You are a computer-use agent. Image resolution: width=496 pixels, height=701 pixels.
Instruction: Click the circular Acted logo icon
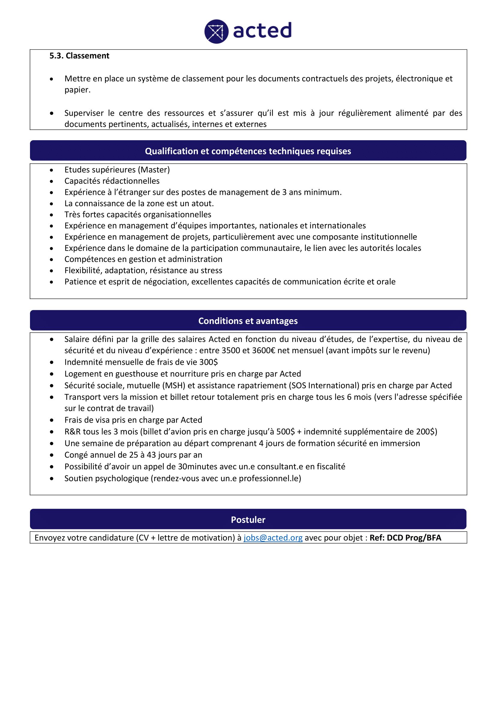pyautogui.click(x=216, y=31)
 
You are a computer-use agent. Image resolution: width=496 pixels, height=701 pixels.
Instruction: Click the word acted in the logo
pyautogui.click(x=262, y=31)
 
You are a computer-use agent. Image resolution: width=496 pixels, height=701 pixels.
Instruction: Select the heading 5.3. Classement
pyautogui.click(x=79, y=56)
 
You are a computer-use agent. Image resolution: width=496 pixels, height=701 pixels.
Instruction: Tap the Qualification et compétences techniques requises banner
pyautogui.click(x=248, y=151)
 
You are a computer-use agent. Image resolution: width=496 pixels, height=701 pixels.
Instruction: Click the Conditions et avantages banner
pyautogui.click(x=248, y=321)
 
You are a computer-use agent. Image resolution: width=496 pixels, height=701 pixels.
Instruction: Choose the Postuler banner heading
pyautogui.click(x=248, y=520)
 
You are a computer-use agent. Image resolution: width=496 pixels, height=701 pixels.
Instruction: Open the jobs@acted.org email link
pyautogui.click(x=273, y=538)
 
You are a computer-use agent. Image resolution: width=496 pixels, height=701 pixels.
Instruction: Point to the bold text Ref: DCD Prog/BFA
pyautogui.click(x=405, y=538)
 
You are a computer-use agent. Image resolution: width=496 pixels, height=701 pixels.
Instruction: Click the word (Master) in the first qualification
pyautogui.click(x=155, y=170)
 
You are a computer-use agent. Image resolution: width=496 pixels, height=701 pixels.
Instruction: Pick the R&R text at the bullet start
pyautogui.click(x=72, y=432)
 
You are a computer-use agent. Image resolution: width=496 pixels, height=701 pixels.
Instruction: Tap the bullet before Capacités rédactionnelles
pyautogui.click(x=52, y=181)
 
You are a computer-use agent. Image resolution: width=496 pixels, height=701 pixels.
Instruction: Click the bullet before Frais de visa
pyautogui.click(x=52, y=420)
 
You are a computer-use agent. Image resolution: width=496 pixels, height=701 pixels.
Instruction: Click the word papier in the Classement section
pyautogui.click(x=76, y=90)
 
